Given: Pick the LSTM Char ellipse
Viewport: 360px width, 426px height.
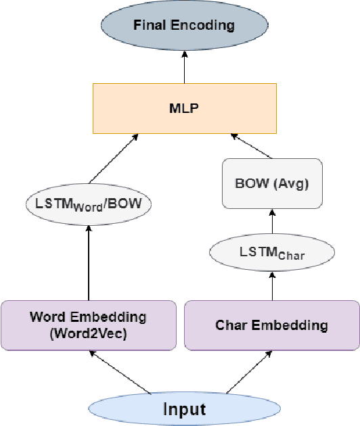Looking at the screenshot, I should click(x=273, y=254).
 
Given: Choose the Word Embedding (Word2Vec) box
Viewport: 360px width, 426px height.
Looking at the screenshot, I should click(x=89, y=325).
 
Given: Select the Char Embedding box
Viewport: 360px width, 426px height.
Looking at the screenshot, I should click(x=272, y=325).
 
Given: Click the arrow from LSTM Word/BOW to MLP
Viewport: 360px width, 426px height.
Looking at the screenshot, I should click(x=112, y=162).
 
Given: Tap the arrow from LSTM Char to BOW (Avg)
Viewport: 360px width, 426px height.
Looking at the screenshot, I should click(x=273, y=222).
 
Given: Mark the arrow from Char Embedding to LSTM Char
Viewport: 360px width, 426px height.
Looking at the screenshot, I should click(x=273, y=285).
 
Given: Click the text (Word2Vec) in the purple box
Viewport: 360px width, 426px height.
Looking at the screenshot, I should click(x=89, y=333).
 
